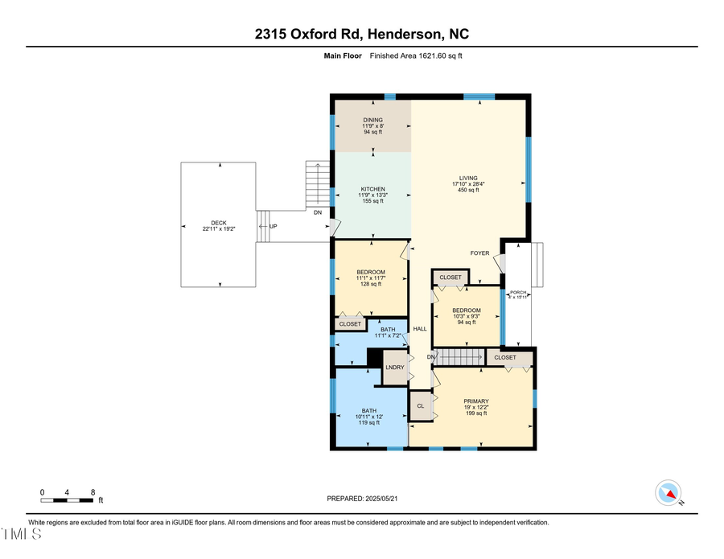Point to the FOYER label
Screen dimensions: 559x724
coord(479,253)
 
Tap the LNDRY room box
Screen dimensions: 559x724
coord(395,368)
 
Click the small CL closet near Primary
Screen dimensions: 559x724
coord(420,406)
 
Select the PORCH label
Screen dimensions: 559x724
coord(518,294)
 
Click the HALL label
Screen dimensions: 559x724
coord(420,329)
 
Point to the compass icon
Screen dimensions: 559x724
coord(668,492)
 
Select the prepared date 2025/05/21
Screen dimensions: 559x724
coord(362,499)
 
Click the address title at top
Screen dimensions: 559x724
coord(362,34)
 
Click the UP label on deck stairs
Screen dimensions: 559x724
coord(274,227)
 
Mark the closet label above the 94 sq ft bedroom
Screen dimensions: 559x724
coord(450,277)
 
